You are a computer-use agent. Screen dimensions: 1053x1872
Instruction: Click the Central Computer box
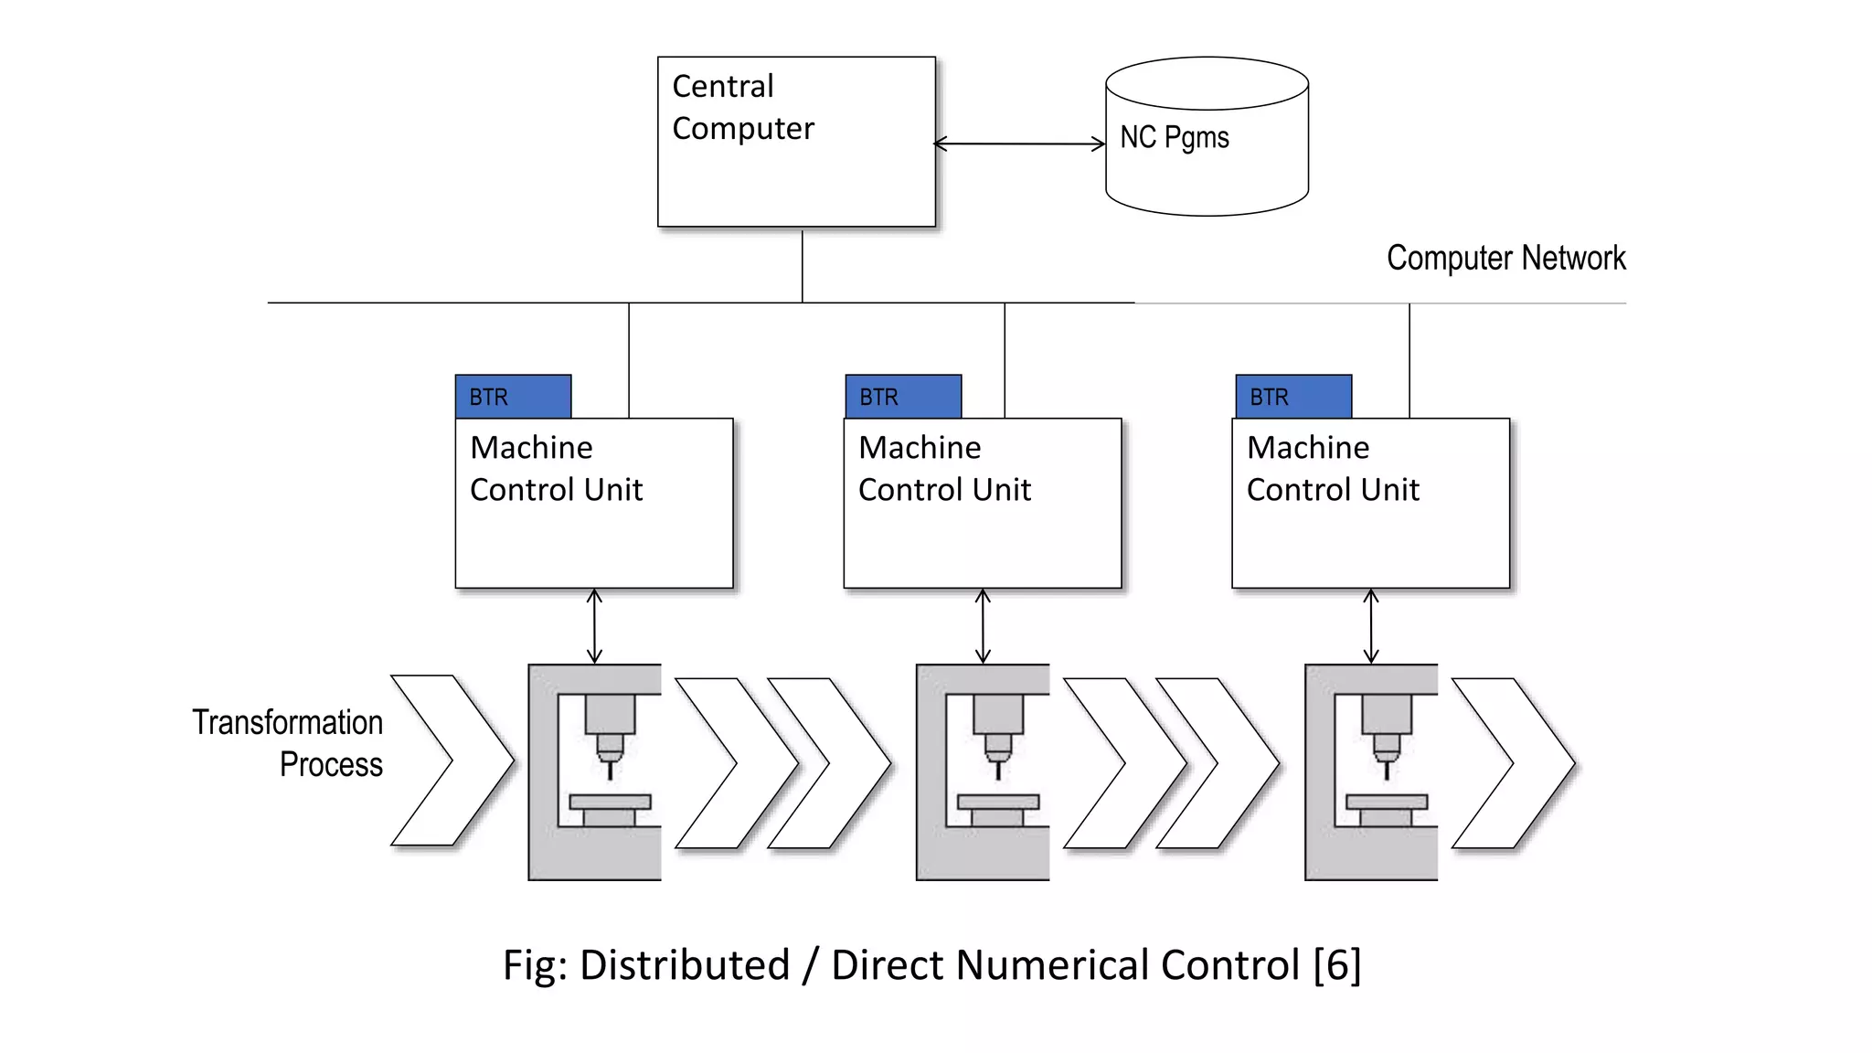click(x=796, y=142)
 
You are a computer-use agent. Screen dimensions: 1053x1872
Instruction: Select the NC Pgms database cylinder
click(x=1207, y=137)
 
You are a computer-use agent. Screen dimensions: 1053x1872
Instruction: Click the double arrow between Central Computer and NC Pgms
click(x=1019, y=144)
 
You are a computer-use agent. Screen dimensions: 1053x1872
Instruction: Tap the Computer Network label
click(x=1505, y=258)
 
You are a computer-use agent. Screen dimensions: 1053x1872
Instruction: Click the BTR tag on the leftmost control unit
click(x=513, y=397)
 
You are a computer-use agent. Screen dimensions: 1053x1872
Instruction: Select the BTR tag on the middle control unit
click(x=903, y=397)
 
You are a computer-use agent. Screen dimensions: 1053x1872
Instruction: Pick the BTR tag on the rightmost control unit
click(x=1293, y=397)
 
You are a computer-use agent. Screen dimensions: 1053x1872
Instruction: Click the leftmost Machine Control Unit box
click(x=594, y=503)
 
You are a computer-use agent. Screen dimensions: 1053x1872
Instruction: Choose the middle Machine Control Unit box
click(x=983, y=503)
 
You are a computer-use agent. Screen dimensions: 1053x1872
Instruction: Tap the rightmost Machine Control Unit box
click(x=1371, y=503)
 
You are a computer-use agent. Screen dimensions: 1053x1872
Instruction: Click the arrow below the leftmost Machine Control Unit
click(x=594, y=626)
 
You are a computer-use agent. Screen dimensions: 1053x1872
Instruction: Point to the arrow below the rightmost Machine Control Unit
click(x=1371, y=626)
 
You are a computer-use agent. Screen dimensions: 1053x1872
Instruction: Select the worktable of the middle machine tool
click(x=998, y=803)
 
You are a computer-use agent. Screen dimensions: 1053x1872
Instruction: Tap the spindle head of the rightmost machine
click(x=1387, y=714)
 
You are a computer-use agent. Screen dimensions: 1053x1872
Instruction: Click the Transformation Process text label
click(x=288, y=742)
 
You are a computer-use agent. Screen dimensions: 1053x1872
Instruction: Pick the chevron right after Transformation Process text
click(x=452, y=760)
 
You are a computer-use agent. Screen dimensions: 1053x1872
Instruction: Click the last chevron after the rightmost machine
click(x=1513, y=763)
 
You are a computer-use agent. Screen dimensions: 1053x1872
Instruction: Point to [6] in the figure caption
click(x=1337, y=965)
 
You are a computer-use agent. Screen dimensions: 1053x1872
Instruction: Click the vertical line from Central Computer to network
click(x=803, y=265)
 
